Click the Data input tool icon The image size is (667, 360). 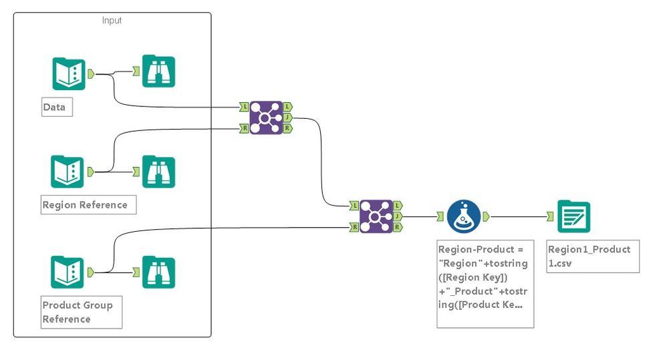tap(69, 73)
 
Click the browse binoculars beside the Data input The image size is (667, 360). tap(158, 71)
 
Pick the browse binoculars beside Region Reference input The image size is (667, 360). tap(158, 172)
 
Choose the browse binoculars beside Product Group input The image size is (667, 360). tap(158, 272)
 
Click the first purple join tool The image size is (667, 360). tap(266, 118)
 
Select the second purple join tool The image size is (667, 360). tap(376, 216)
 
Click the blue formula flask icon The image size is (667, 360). tap(464, 216)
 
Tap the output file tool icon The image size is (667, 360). tap(573, 216)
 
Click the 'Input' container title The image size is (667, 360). tap(112, 20)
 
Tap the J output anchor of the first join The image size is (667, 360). tap(287, 118)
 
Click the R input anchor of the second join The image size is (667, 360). tap(354, 227)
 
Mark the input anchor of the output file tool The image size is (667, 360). tap(549, 216)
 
